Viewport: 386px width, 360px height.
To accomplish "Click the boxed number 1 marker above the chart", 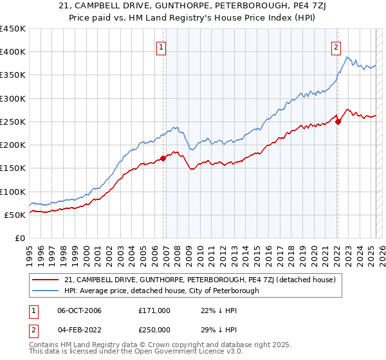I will pos(160,46).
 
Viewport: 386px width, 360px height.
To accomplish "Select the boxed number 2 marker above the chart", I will pos(336,46).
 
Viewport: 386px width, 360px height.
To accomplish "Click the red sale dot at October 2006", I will pos(163,158).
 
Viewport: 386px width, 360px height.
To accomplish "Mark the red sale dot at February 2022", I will pos(338,122).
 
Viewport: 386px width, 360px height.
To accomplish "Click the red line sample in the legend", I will pos(46,280).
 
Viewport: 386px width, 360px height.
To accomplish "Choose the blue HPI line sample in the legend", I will pos(46,291).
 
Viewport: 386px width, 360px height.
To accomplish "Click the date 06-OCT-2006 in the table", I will pos(79,310).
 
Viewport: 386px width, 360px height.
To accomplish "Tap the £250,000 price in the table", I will pos(154,329).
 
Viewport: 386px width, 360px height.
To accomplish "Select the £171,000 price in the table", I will pos(154,310).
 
